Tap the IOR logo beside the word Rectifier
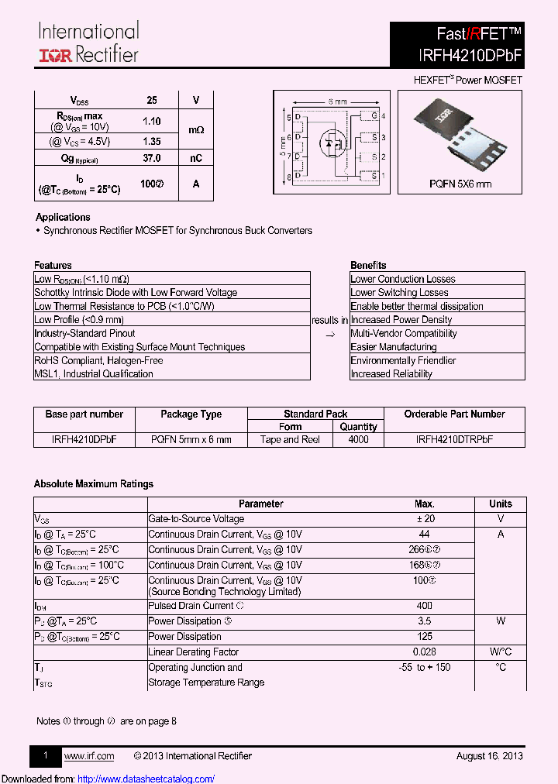56,55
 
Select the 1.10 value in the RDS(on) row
152,121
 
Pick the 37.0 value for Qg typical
152,158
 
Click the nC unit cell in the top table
196,158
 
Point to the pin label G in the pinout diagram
374,116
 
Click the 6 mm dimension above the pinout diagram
337,101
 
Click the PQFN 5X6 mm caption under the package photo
460,184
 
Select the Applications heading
63,217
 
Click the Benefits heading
368,265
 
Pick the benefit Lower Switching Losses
399,293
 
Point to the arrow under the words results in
329,334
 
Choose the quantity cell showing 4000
359,439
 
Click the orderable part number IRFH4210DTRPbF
454,439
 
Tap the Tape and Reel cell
291,439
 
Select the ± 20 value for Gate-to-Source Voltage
424,519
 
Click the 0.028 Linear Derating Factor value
424,652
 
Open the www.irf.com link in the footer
89,756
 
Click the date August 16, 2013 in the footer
489,756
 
